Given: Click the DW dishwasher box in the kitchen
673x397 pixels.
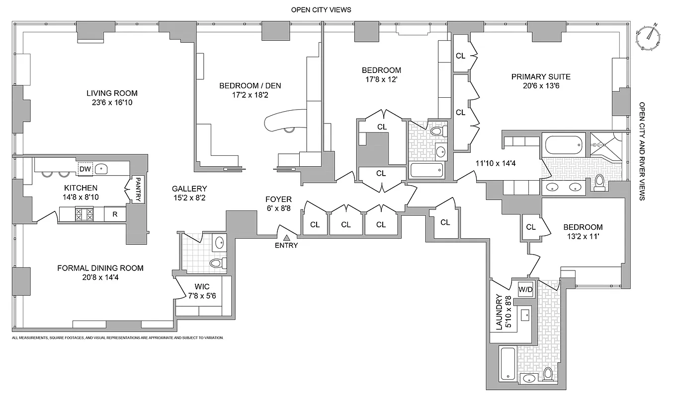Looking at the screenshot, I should point(85,169).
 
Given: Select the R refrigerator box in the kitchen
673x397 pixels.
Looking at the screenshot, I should point(115,214).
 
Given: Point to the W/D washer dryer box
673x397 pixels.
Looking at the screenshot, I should point(525,289).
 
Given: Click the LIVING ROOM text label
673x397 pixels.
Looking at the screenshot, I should point(112,93).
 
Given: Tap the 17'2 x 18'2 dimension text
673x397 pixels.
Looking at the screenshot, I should point(250,95).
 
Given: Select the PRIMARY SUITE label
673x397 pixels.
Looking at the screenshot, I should point(541,76).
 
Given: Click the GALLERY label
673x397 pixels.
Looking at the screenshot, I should point(189,189).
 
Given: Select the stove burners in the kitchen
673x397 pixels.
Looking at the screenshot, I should point(84,214).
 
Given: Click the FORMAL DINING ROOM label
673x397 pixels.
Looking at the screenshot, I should point(100,268).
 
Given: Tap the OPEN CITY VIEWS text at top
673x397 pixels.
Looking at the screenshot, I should point(321,9).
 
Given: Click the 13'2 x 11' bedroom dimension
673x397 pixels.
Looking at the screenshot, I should point(583,236).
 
